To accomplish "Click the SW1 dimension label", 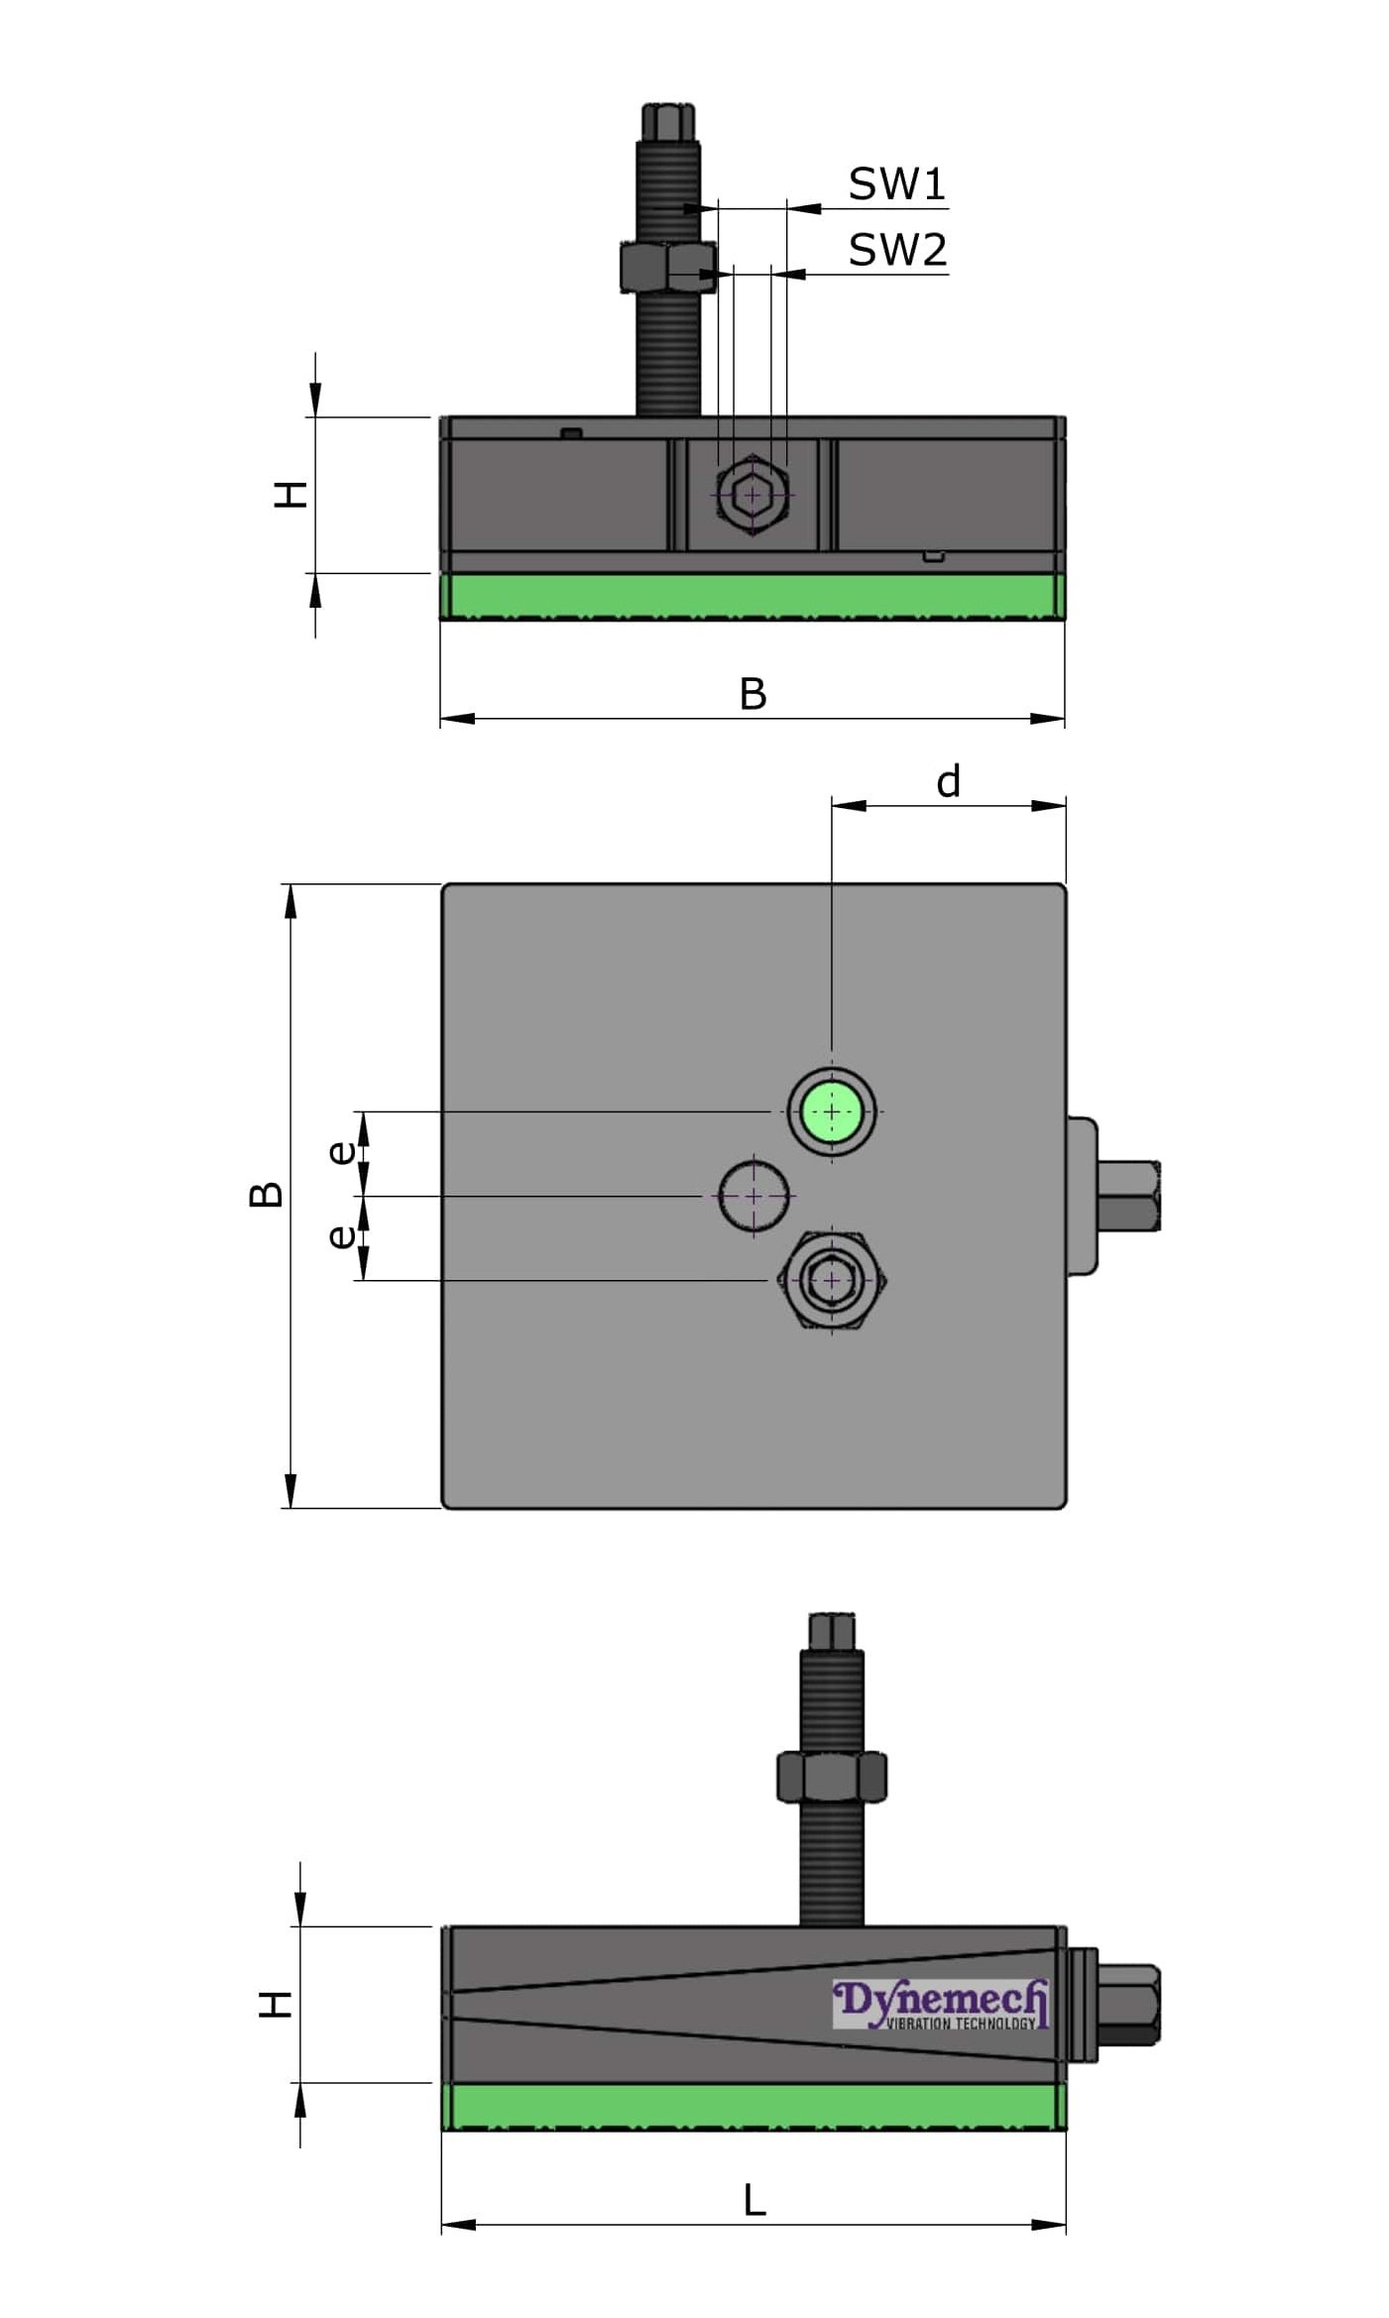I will pyautogui.click(x=896, y=183).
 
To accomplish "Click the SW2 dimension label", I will pyautogui.click(x=897, y=250).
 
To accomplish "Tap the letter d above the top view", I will pyautogui.click(x=948, y=782).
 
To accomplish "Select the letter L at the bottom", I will pyautogui.click(x=753, y=2201).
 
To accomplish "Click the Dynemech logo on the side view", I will pyautogui.click(x=940, y=2006).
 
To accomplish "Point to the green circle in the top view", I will pyautogui.click(x=831, y=1111).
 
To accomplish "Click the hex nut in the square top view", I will pyautogui.click(x=832, y=1280).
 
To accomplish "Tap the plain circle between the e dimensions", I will pyautogui.click(x=753, y=1196).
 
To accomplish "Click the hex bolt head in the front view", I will pyautogui.click(x=752, y=494).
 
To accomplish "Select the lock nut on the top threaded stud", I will pyautogui.click(x=667, y=266).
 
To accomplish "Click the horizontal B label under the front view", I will pyautogui.click(x=752, y=694).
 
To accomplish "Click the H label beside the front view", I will pyautogui.click(x=290, y=494).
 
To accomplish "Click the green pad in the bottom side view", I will pyautogui.click(x=753, y=2106).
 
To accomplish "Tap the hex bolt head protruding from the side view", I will pyautogui.click(x=1130, y=2005).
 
